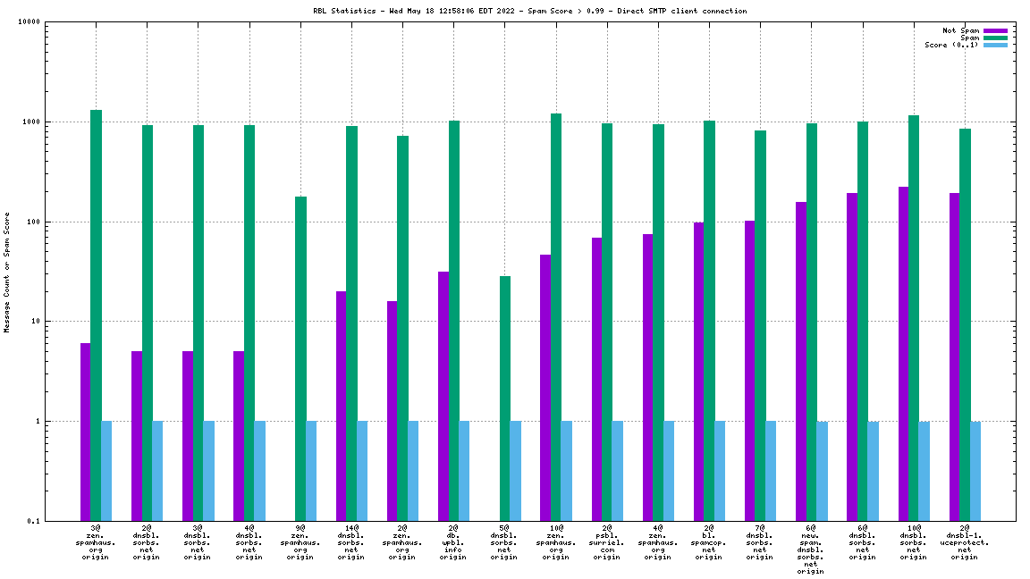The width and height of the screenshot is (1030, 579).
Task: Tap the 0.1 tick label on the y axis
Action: coord(32,521)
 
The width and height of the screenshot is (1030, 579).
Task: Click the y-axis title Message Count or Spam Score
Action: coord(7,272)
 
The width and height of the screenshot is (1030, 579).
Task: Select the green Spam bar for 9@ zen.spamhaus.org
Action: coord(300,357)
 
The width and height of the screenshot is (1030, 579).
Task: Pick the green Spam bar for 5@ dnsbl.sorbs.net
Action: coord(505,398)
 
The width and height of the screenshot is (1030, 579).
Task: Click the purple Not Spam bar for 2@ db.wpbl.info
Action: coord(443,395)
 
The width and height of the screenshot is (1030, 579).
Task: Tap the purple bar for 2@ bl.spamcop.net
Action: coord(699,371)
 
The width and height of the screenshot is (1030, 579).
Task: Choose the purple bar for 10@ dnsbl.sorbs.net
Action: coord(903,353)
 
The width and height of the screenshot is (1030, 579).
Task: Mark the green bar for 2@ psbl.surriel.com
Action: coord(607,322)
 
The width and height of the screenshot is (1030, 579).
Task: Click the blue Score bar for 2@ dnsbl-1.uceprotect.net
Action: coord(975,471)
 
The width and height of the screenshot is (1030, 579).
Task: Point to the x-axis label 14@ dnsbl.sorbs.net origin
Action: coord(351,542)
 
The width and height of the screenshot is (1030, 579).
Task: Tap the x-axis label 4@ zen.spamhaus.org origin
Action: coord(658,542)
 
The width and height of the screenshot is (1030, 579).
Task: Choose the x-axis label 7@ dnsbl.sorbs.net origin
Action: coord(760,542)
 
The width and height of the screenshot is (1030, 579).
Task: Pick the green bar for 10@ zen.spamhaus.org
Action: coord(556,317)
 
